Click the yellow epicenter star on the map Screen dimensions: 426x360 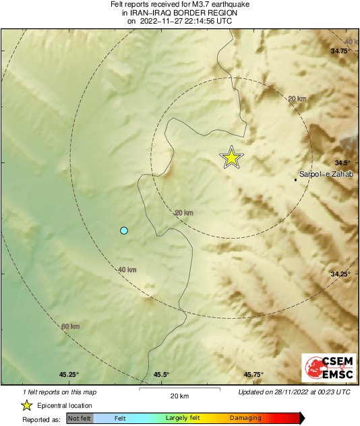click(x=231, y=158)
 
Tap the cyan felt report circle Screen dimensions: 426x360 click(x=123, y=231)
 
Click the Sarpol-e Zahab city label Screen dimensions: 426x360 click(x=326, y=175)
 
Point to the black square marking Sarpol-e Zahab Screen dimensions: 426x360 click(x=296, y=179)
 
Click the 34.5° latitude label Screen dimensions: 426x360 click(x=343, y=162)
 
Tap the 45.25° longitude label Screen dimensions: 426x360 click(x=68, y=375)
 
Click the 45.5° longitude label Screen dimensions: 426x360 click(x=160, y=375)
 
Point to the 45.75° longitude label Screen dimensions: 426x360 click(x=253, y=375)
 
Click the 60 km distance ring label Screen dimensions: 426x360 click(x=70, y=327)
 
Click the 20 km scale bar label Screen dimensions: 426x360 click(x=179, y=396)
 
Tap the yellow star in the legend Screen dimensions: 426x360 click(x=27, y=405)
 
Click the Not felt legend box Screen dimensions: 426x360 click(x=80, y=419)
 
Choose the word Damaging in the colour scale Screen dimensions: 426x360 click(x=245, y=419)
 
